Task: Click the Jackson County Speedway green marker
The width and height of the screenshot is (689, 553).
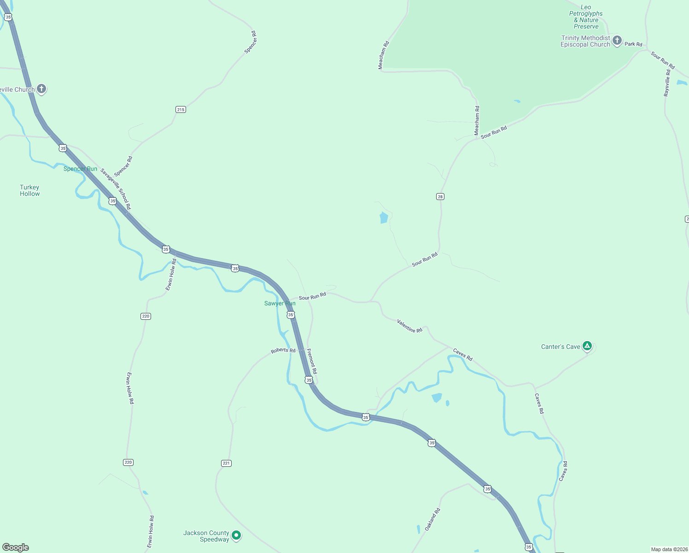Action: coord(236,535)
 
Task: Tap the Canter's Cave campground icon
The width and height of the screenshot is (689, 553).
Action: coord(587,346)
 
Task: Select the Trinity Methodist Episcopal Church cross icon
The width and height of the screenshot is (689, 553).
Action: coord(617,41)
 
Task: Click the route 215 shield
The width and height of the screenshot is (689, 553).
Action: coord(181,109)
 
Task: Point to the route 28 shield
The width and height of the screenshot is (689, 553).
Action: coord(440,197)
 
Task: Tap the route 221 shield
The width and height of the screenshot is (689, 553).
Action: coord(226,463)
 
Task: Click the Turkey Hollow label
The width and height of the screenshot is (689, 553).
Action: coord(29,190)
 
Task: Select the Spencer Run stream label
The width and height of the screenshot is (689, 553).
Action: coord(80,169)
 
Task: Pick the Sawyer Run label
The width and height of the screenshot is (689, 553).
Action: coord(280,303)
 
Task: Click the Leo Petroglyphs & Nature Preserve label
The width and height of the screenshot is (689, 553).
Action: coord(586,17)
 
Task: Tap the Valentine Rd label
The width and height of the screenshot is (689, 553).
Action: coord(409,326)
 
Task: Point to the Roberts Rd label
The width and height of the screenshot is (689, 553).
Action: coord(283,351)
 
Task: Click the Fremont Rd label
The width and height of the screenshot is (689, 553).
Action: coord(312,361)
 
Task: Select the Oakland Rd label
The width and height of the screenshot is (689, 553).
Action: coord(432,519)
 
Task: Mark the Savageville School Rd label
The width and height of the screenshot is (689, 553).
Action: coord(116,189)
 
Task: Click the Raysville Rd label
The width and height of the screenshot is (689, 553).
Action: coord(667,83)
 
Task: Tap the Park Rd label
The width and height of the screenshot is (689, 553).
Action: coord(633,44)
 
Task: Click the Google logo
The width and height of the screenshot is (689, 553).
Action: coord(16,547)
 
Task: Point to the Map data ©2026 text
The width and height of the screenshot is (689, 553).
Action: coord(669,549)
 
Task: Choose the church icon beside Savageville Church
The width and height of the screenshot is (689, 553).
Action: coord(41,88)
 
